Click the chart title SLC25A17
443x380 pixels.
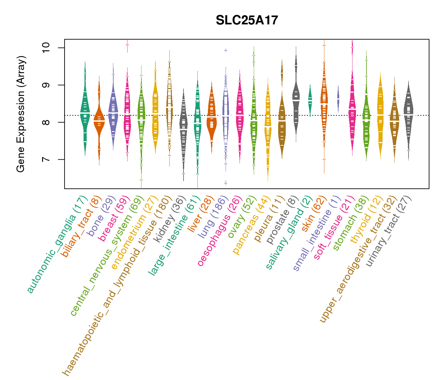247,21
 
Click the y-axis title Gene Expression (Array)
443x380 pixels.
21,114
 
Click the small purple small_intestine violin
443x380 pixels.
338,95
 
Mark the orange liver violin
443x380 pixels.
211,117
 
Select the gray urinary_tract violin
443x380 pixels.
408,114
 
